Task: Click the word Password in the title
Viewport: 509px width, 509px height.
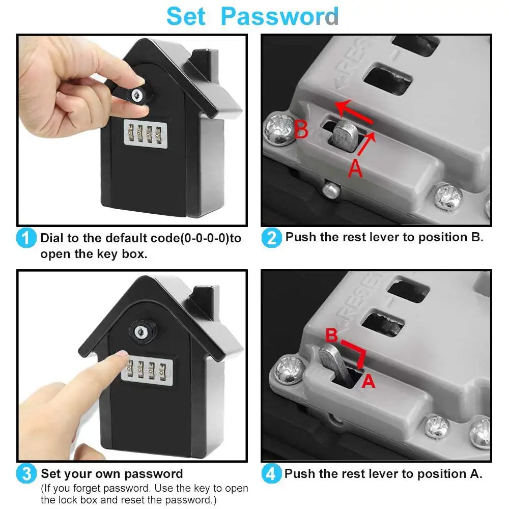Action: click(279, 16)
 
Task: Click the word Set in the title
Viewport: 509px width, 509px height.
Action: click(186, 16)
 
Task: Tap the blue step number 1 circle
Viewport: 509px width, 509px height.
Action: click(26, 238)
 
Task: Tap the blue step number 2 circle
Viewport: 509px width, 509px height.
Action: click(271, 238)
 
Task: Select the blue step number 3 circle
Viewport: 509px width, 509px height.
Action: click(26, 474)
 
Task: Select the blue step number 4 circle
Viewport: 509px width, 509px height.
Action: click(271, 474)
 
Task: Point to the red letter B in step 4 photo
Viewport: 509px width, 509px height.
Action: click(331, 335)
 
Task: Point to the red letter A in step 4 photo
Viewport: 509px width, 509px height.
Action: click(369, 381)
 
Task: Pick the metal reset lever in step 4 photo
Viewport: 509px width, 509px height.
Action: click(332, 359)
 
